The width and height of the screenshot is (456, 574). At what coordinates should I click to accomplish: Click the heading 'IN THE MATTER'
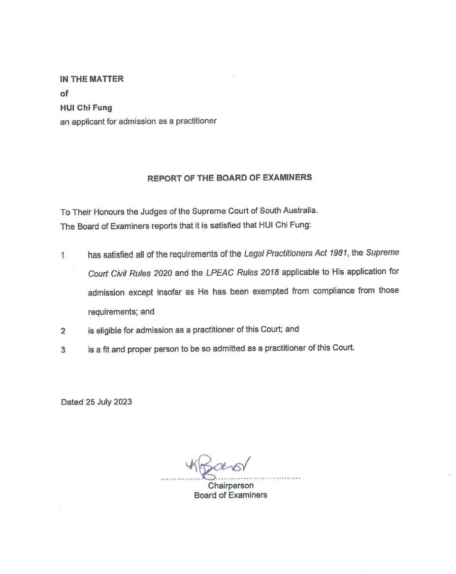(92, 78)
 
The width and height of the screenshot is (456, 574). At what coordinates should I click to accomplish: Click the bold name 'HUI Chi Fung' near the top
(86, 108)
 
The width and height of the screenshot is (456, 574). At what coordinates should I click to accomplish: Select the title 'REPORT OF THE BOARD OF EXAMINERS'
(229, 178)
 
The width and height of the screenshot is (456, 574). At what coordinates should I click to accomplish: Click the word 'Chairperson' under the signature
(230, 486)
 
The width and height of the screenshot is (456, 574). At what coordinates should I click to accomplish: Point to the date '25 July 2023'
(108, 402)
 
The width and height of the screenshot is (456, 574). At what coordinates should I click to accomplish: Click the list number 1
(63, 255)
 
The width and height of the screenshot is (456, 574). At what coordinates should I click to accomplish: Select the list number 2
(63, 331)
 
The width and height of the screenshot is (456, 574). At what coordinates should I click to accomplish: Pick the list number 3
(63, 350)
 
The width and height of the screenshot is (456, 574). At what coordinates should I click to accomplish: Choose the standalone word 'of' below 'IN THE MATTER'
(64, 93)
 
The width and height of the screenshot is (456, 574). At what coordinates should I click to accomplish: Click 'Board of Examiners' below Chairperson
(230, 495)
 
